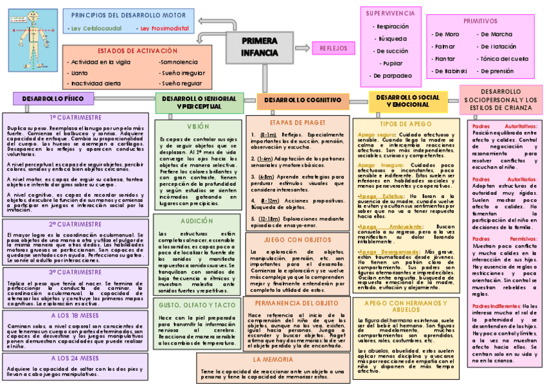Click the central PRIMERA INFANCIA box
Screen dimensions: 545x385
pyautogui.click(x=260, y=47)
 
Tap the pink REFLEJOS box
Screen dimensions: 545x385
pyautogui.click(x=333, y=48)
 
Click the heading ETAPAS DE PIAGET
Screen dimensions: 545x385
pyautogui.click(x=298, y=121)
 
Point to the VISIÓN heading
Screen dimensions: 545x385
pyautogui.click(x=198, y=127)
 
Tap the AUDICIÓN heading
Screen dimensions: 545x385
pyautogui.click(x=198, y=220)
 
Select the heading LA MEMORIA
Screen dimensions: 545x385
pyautogui.click(x=273, y=359)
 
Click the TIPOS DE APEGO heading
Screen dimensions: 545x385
pyautogui.click(x=406, y=123)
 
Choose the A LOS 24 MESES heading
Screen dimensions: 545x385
pyautogui.click(x=75, y=357)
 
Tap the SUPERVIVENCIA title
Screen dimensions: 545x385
pyautogui.click(x=391, y=13)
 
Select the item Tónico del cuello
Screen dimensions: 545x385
pyautogui.click(x=505, y=58)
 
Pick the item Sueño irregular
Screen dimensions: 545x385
pyautogui.click(x=183, y=73)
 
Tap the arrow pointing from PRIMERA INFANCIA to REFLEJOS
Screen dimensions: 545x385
pyautogui.click(x=301, y=48)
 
